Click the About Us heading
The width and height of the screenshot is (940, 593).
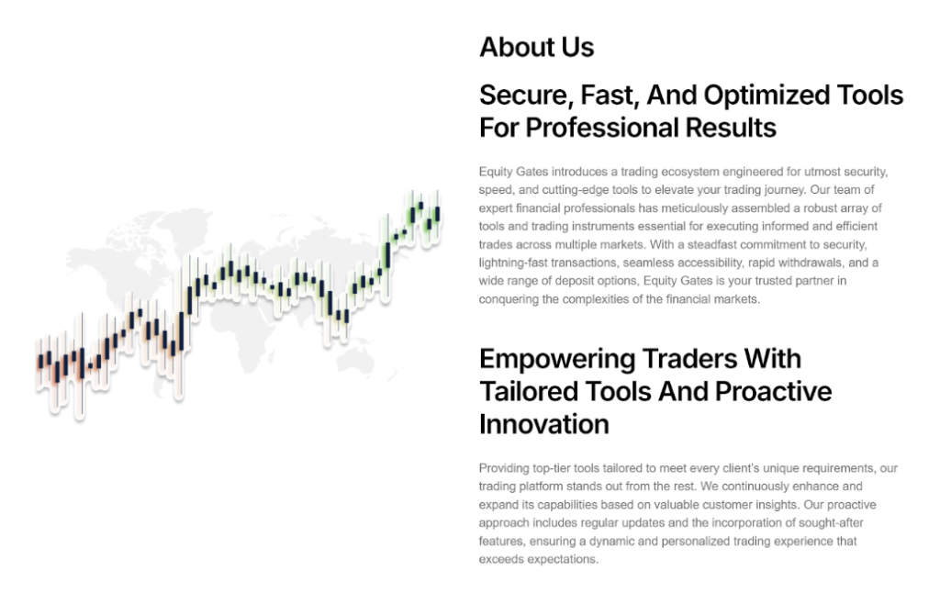pos(536,48)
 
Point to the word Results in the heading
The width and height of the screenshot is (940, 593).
pos(734,128)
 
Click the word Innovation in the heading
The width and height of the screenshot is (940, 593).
pos(543,424)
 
